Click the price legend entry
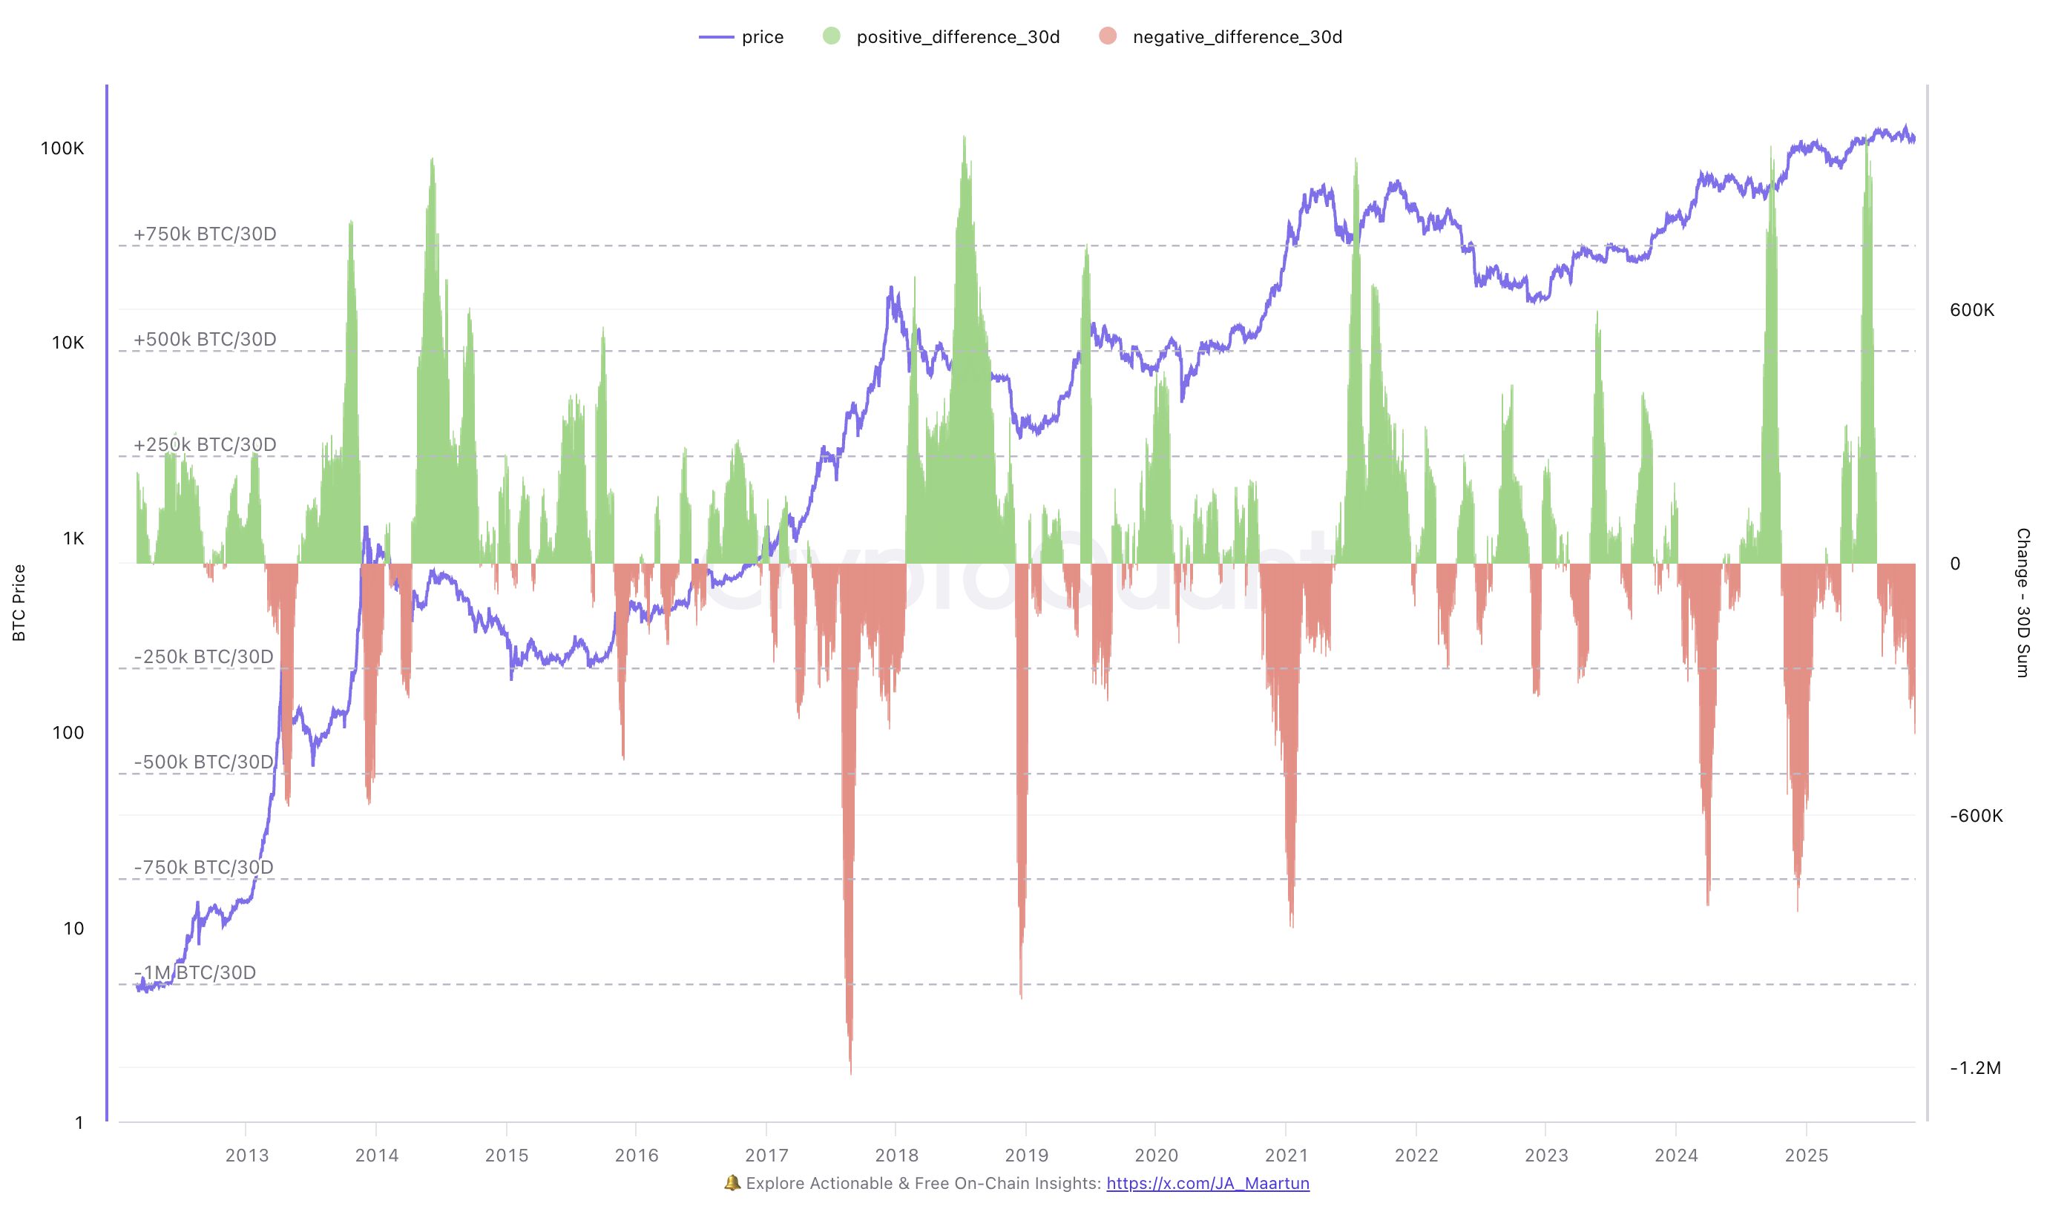pyautogui.click(x=742, y=37)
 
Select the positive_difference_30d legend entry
pyautogui.click(x=942, y=37)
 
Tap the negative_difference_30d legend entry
pyautogui.click(x=1220, y=37)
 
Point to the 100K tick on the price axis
pyautogui.click(x=62, y=148)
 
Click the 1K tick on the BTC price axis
pyautogui.click(x=73, y=538)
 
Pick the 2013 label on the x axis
pyautogui.click(x=246, y=1156)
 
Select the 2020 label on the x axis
pyautogui.click(x=1156, y=1156)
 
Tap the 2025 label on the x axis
pyautogui.click(x=1807, y=1156)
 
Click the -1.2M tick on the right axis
pyautogui.click(x=1976, y=1068)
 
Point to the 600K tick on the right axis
pyautogui.click(x=1971, y=310)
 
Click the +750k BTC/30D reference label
pyautogui.click(x=205, y=234)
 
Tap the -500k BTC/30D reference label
pyautogui.click(x=203, y=762)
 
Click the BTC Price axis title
pyautogui.click(x=19, y=602)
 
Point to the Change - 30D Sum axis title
pyautogui.click(x=2023, y=602)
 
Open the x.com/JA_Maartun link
pyautogui.click(x=1208, y=1183)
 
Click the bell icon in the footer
pyautogui.click(x=732, y=1183)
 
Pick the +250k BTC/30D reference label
pyautogui.click(x=205, y=445)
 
